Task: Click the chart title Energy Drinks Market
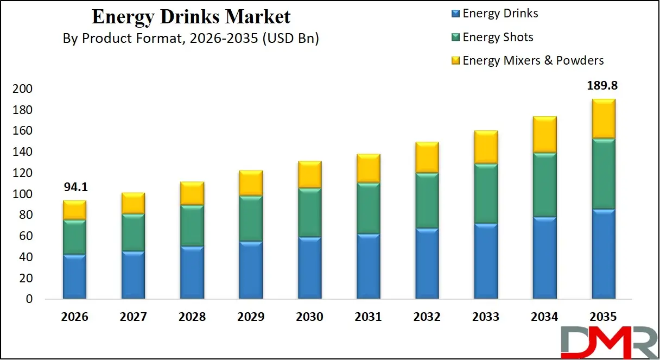coord(191,16)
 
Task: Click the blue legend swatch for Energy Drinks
coord(455,14)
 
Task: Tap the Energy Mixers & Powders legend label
coord(532,60)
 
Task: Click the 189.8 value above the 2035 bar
coord(603,85)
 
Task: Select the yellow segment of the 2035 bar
coord(603,119)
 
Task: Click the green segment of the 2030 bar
coord(309,213)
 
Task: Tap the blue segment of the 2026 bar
coord(74,276)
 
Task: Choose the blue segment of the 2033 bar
coord(486,261)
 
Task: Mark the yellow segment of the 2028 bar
coord(192,193)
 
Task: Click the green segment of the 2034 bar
coord(544,185)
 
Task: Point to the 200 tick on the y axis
coord(22,89)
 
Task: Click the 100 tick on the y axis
coord(22,194)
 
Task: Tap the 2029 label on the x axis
coord(251,317)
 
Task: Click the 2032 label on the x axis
coord(427,317)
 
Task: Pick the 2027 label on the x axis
coord(133,317)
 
